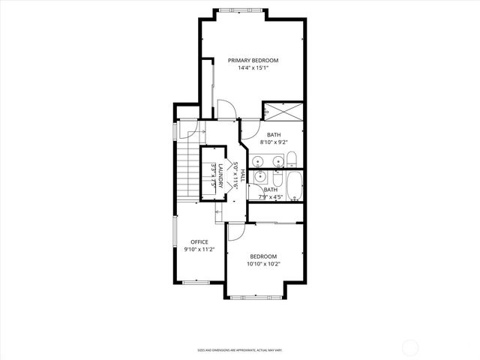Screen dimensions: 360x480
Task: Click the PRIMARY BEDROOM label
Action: click(x=253, y=60)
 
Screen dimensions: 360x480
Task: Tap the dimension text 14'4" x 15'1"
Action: click(x=253, y=68)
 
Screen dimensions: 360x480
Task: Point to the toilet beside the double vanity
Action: click(x=292, y=158)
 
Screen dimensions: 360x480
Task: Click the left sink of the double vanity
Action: click(x=259, y=160)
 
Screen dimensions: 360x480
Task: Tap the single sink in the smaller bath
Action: click(x=260, y=177)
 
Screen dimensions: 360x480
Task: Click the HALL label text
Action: click(x=242, y=175)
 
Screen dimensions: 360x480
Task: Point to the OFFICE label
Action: click(x=199, y=241)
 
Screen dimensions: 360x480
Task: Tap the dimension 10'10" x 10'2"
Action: click(x=262, y=264)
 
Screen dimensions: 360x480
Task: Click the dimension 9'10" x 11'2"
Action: click(x=199, y=250)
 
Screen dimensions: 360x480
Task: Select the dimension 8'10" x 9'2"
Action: click(x=274, y=142)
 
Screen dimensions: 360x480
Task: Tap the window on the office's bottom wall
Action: click(x=196, y=281)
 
